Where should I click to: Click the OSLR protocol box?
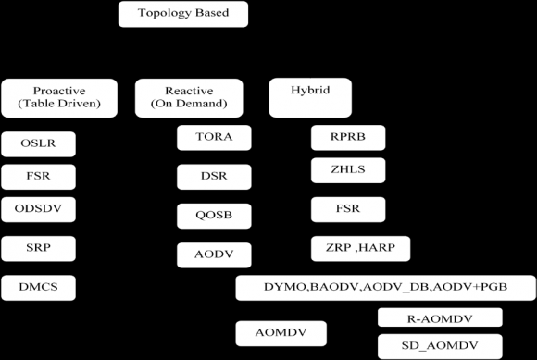pos(38,144)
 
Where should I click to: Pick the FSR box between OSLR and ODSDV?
pos(38,176)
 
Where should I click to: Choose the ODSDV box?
pos(38,208)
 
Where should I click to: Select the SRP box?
pos(38,248)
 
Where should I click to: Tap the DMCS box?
pos(38,288)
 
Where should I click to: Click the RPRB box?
pos(348,139)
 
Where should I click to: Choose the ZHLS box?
pos(348,169)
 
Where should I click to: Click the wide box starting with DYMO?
pos(384,288)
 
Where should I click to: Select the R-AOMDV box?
pos(440,318)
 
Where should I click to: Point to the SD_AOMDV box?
pos(440,345)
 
